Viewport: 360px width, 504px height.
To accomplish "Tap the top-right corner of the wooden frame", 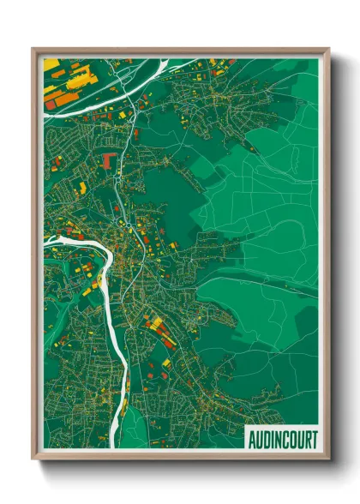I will click(x=328, y=49).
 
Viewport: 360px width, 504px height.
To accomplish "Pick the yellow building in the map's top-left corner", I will click(x=51, y=64).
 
